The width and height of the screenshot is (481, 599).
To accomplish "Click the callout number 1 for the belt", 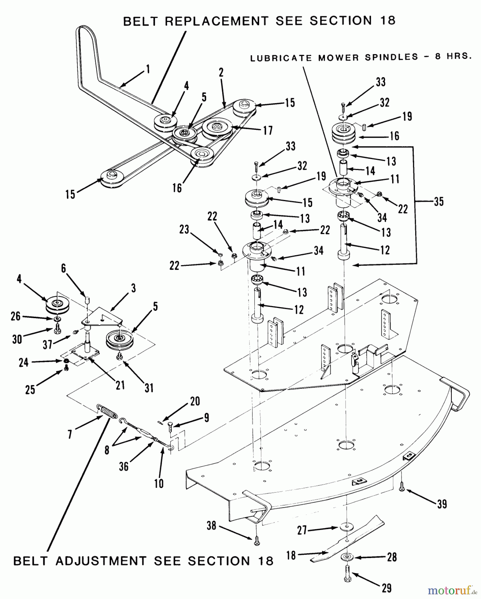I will pos(148,70).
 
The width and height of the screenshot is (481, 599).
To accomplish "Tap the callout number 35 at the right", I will pos(439,202).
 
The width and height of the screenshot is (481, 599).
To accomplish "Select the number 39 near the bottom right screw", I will pos(441,504).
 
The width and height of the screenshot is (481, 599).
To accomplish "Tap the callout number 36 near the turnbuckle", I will pos(123,466).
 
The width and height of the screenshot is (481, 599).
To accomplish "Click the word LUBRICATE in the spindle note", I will pos(281,59).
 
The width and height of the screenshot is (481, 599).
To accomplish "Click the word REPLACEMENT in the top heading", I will pos(217,21).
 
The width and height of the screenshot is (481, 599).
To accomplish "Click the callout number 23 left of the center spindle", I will pos(184,229).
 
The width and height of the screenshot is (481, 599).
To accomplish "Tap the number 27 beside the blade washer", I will pos(302,530).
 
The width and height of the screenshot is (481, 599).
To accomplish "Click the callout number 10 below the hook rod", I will pos(159,483).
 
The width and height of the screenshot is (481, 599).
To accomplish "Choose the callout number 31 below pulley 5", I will pos(149,387).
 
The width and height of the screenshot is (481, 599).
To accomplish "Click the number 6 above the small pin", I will pos(64,269).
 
